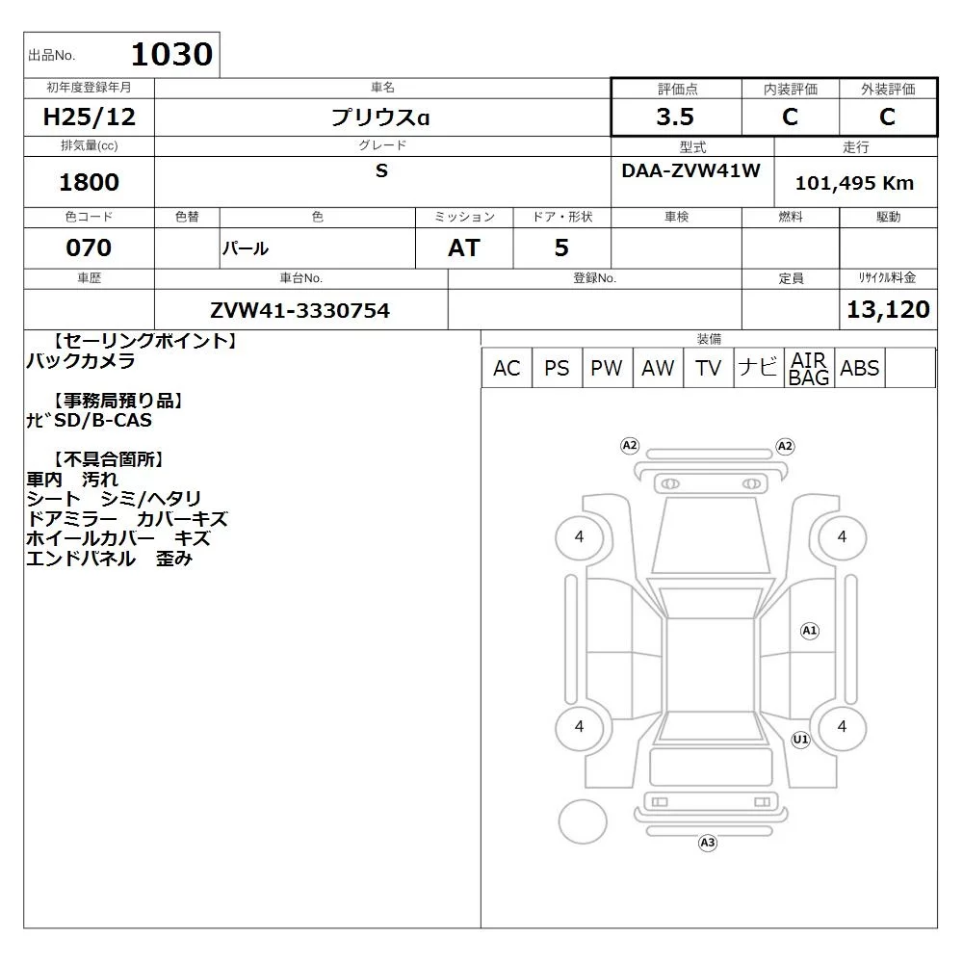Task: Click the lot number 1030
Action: coord(172,54)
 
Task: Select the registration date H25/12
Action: coord(89,117)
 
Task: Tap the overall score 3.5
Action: coord(675,117)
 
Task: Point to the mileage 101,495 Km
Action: coord(854,183)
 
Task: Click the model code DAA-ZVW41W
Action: coord(690,170)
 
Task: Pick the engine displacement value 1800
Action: coord(89,182)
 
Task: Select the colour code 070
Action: coord(89,247)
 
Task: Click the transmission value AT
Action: coord(464,247)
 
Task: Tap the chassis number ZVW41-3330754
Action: coord(299,310)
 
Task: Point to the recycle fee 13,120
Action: coord(888,309)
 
